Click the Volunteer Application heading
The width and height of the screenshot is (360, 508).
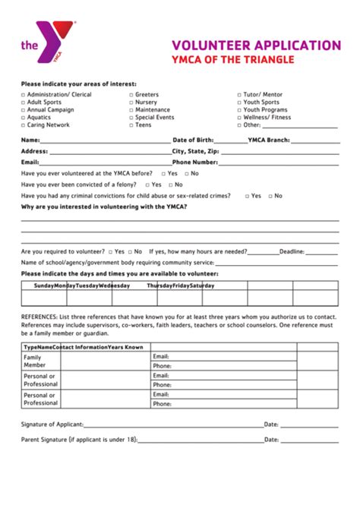(256, 45)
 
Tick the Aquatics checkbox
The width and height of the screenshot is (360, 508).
(23, 118)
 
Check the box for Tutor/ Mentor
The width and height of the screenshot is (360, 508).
(238, 94)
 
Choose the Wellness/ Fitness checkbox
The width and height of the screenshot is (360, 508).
(238, 118)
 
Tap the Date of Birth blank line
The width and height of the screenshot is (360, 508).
(231, 142)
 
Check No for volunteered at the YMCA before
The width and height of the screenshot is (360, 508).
(185, 174)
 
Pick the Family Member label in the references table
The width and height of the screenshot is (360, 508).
(35, 361)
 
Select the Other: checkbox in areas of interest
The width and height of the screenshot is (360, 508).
(238, 125)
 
